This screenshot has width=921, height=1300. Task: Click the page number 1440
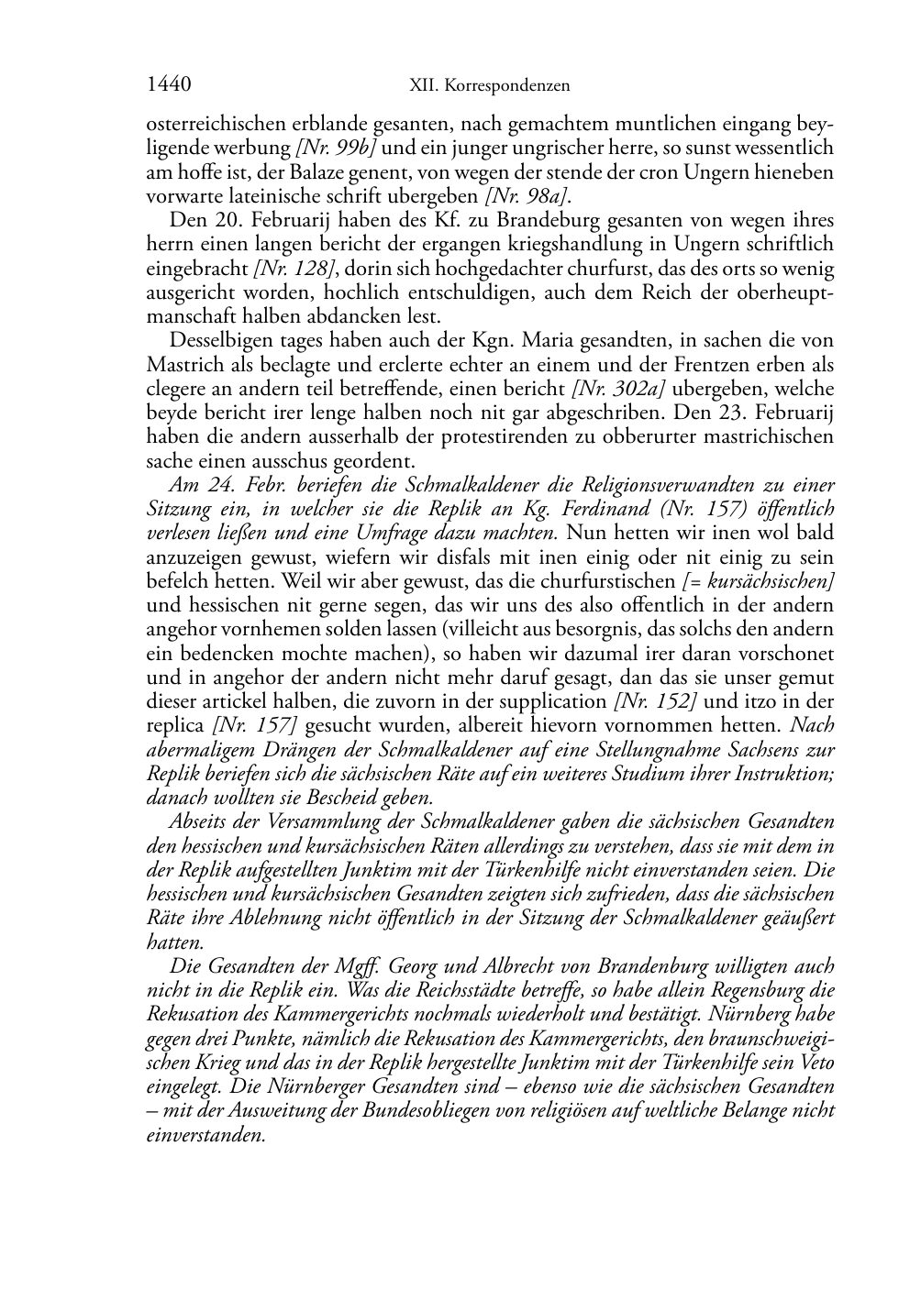169,85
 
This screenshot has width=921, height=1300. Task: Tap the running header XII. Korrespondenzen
489,86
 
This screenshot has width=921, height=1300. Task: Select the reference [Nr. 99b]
336,148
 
